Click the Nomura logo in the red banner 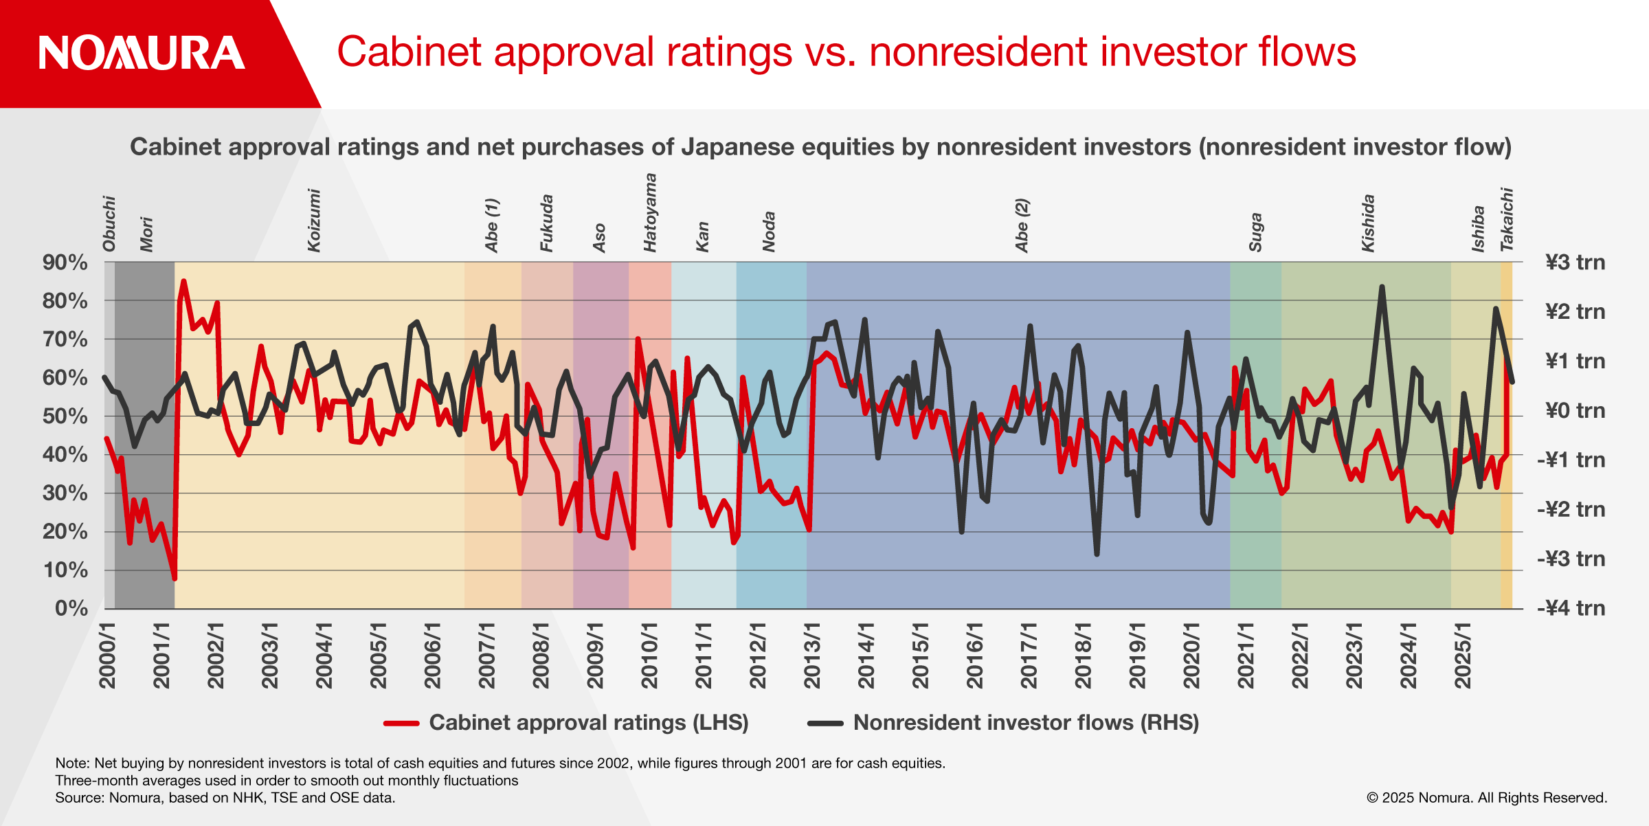(142, 53)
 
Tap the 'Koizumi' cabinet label (314, 221)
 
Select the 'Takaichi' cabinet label (1507, 219)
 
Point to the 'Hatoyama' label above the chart (650, 213)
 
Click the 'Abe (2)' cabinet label (1022, 226)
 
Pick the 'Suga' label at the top (1255, 232)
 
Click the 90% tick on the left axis (65, 263)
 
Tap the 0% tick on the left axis (71, 608)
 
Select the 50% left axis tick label (65, 416)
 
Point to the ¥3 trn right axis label (1575, 263)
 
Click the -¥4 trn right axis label (1571, 608)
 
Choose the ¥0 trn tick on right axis (1575, 411)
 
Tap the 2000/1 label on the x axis (108, 656)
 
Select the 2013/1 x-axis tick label (812, 656)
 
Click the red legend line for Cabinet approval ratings (401, 723)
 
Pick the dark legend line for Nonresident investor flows (825, 723)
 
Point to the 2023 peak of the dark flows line (1382, 287)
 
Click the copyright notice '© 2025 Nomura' (1487, 798)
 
